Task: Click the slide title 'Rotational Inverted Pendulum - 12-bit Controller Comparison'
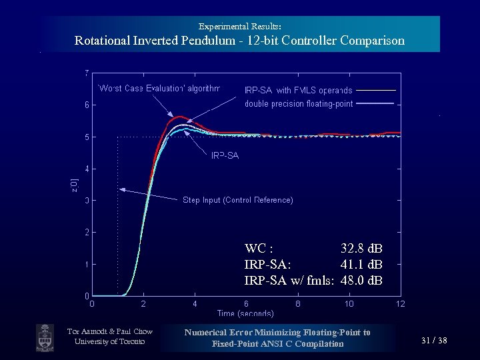[239, 41]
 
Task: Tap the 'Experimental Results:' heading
[239, 26]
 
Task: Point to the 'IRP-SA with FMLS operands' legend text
[298, 90]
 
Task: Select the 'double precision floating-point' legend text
[299, 103]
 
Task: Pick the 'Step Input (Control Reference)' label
[237, 200]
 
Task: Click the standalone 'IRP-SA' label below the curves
[225, 155]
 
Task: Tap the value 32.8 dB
[361, 249]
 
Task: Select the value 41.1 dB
[361, 264]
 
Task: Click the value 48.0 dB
[361, 279]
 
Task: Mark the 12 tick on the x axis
[400, 304]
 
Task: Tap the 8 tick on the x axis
[297, 304]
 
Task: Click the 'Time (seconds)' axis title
[245, 313]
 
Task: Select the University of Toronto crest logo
[45, 338]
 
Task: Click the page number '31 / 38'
[434, 341]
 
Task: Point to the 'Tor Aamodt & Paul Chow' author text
[110, 332]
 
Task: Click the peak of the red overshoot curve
[179, 117]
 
